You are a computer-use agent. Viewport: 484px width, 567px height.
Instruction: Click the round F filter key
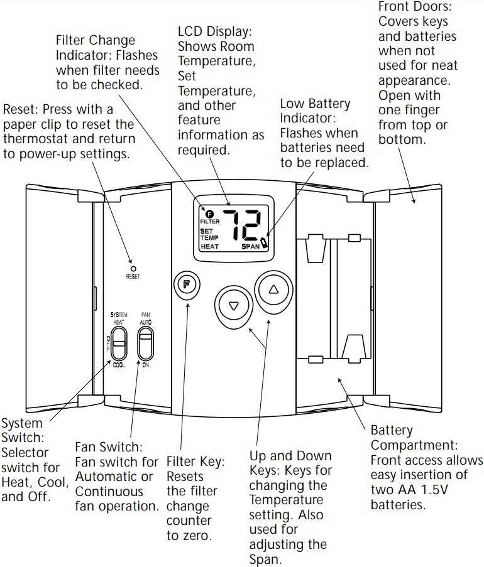(x=186, y=284)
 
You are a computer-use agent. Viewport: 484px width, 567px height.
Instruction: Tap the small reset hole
(x=133, y=268)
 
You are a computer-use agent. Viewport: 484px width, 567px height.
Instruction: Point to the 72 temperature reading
(x=243, y=225)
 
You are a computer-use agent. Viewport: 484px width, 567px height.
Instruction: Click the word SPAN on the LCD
(x=253, y=247)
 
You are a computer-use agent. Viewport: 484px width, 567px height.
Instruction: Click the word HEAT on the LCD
(x=209, y=247)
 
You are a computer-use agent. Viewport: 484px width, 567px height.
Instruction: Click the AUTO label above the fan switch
(x=146, y=321)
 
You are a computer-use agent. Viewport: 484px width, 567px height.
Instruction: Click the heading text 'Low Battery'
(x=315, y=104)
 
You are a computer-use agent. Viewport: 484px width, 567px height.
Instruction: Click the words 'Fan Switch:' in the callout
(x=109, y=447)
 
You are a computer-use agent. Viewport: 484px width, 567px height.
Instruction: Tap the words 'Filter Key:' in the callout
(x=195, y=462)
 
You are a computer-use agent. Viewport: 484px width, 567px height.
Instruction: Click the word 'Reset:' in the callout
(x=21, y=110)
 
